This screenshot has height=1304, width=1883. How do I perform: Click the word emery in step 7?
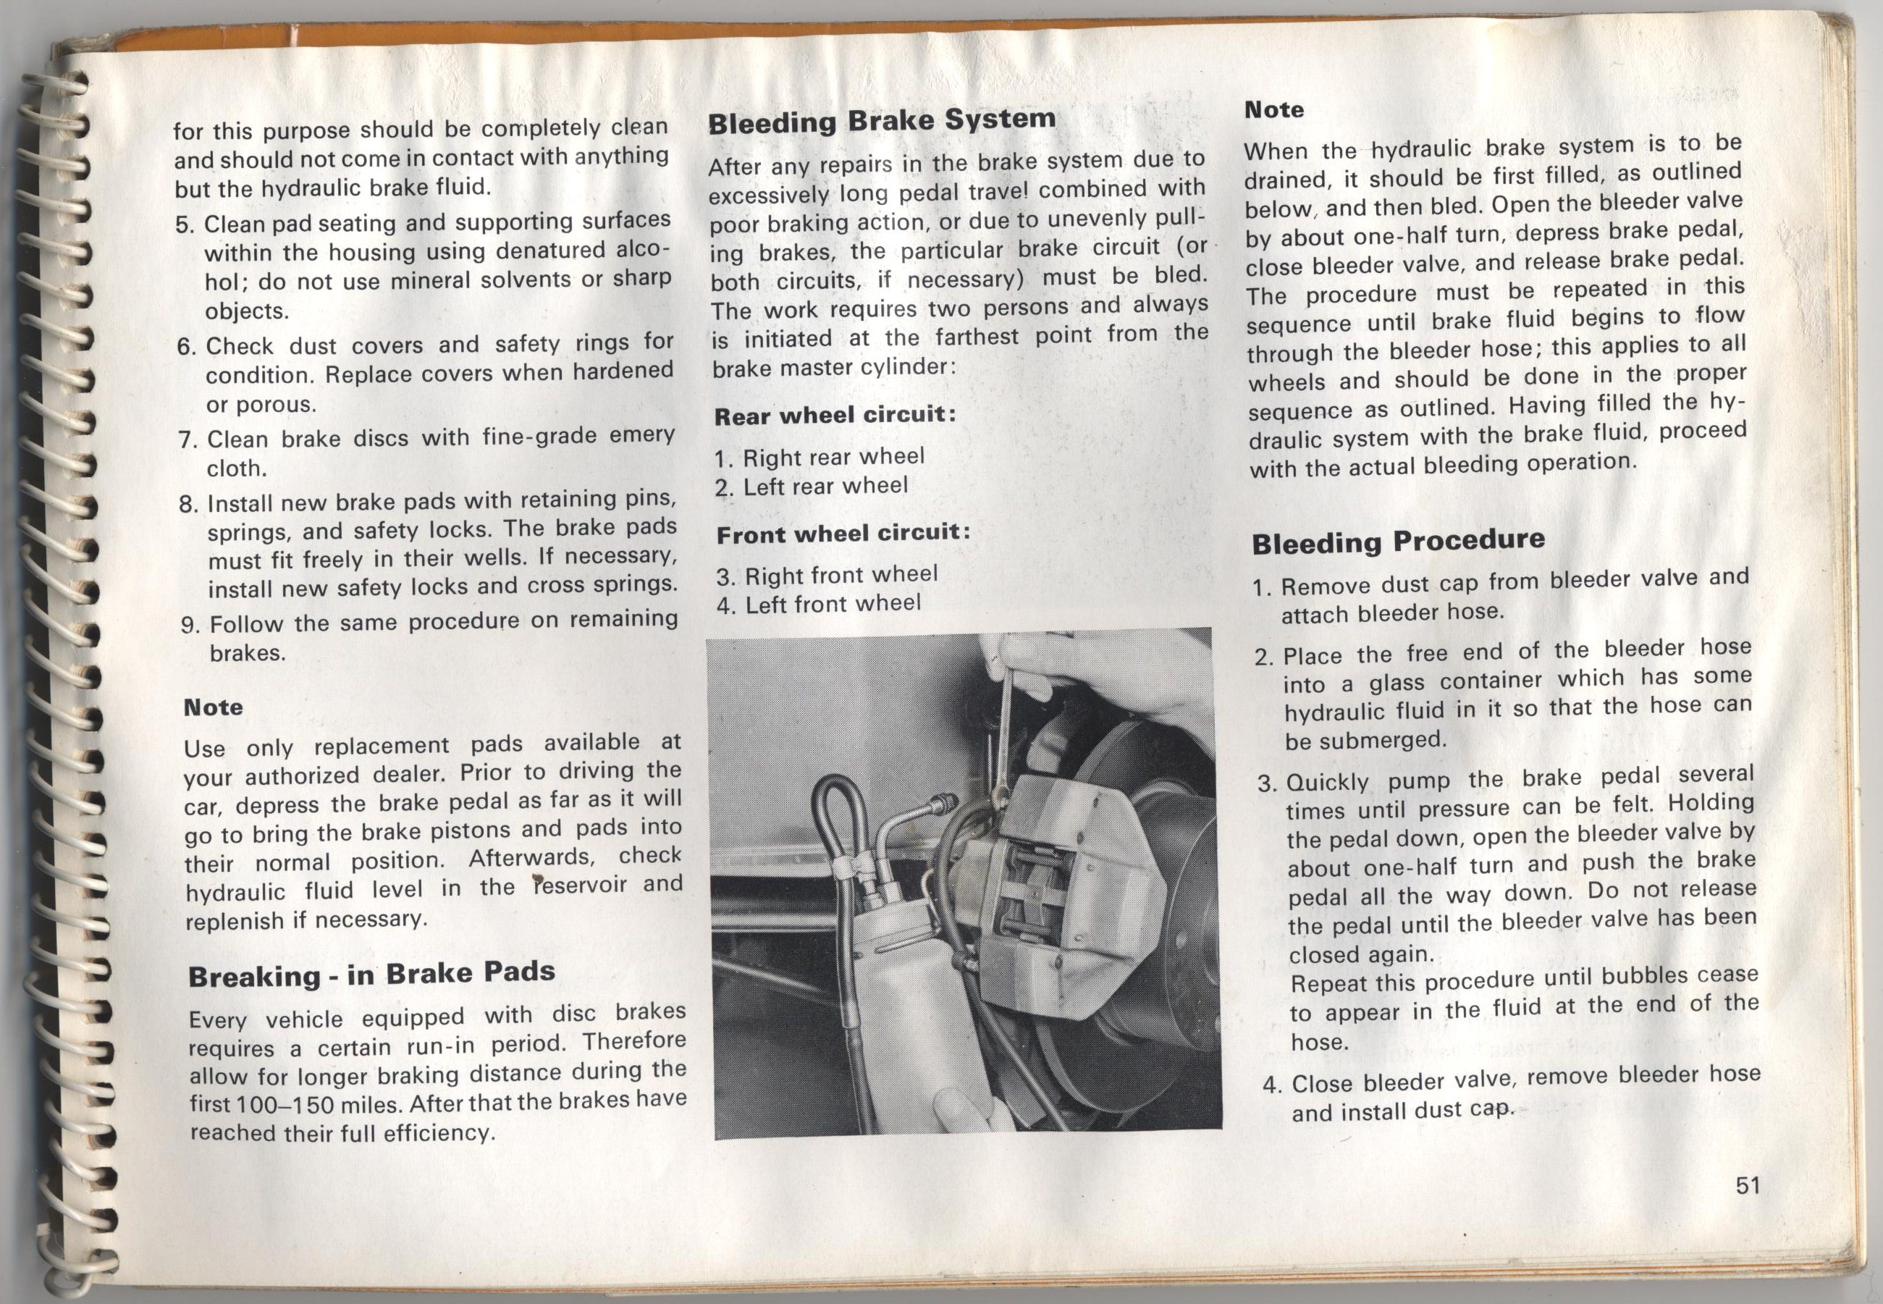tap(641, 435)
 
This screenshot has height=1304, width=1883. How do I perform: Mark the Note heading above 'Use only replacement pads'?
tap(214, 707)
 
